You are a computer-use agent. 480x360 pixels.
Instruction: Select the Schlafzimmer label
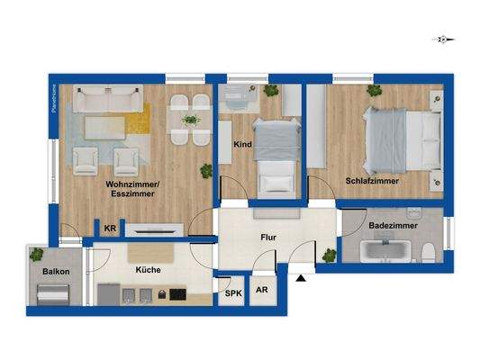pos(372,181)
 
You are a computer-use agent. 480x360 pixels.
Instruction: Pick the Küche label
pos(148,269)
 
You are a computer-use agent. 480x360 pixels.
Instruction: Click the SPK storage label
pos(232,292)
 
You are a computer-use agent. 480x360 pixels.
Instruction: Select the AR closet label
pos(261,291)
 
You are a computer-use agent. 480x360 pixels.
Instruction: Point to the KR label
pos(110,229)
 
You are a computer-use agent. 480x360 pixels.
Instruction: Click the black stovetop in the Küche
pos(177,294)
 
